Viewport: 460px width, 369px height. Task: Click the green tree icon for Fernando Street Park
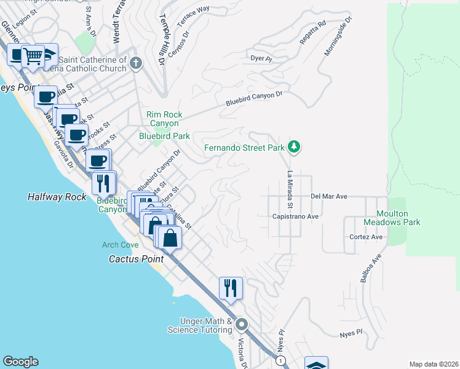(x=295, y=146)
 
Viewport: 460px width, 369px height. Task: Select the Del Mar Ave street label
(x=329, y=196)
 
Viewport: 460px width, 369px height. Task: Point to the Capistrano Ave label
(x=295, y=216)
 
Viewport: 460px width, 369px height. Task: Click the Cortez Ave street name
(x=366, y=237)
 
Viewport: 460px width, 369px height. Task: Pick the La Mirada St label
(x=288, y=189)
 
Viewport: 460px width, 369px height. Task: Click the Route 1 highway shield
(x=280, y=360)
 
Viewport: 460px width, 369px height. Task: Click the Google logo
(x=20, y=362)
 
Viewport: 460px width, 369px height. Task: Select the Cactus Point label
(x=131, y=259)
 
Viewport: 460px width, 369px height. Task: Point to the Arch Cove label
(x=120, y=245)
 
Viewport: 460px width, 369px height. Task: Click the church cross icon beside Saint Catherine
(x=137, y=63)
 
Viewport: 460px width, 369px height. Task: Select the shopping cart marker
(x=33, y=57)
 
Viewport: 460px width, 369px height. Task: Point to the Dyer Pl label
(x=261, y=58)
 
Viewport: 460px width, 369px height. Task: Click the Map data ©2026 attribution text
(x=433, y=364)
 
